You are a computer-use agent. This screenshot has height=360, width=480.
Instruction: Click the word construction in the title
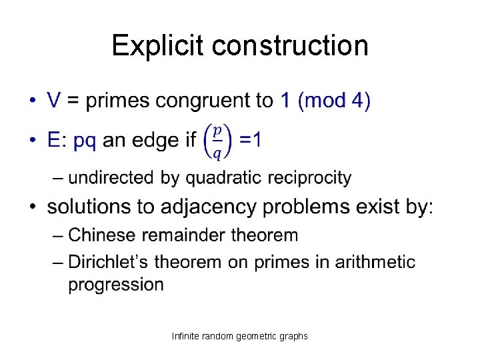pyautogui.click(x=291, y=45)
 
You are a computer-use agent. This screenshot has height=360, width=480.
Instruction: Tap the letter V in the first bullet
pyautogui.click(x=55, y=101)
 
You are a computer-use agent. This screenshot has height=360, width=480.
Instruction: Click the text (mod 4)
pyautogui.click(x=334, y=101)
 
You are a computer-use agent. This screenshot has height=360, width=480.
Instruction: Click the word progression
pyautogui.click(x=116, y=285)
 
